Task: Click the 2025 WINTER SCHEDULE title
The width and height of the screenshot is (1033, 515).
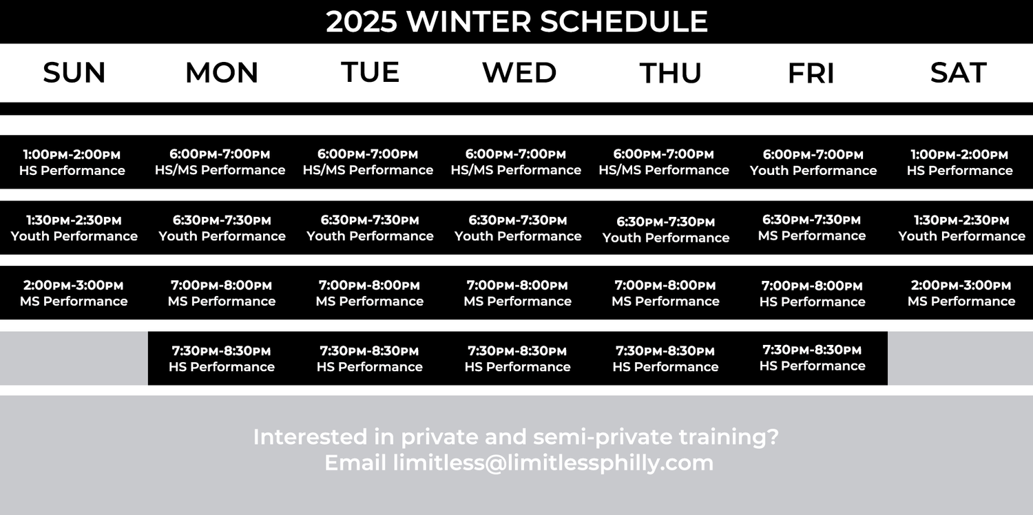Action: (516, 21)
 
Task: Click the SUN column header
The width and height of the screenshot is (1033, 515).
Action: (74, 73)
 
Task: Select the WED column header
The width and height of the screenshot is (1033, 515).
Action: (519, 73)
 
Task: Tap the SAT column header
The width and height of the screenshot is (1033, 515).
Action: (958, 73)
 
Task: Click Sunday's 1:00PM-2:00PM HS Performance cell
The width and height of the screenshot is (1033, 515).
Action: (72, 162)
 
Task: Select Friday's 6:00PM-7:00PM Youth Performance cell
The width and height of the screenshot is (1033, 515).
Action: (813, 162)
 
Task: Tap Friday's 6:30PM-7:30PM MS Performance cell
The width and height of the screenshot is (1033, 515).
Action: (811, 228)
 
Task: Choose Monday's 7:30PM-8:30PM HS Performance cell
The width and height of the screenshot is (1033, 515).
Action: (221, 359)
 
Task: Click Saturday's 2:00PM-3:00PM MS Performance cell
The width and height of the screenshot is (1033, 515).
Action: (961, 293)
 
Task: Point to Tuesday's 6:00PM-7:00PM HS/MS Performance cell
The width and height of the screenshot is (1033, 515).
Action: (368, 162)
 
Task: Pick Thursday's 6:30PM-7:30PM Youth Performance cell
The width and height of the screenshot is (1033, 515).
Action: (665, 229)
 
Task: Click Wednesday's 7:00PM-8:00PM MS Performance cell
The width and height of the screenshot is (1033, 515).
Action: (517, 293)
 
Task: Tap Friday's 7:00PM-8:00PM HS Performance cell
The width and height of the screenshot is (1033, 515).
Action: (811, 293)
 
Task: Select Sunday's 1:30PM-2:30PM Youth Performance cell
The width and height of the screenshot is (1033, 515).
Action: (74, 228)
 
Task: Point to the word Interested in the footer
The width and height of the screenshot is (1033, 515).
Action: (300, 437)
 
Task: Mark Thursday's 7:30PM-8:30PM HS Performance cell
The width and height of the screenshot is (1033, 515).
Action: (665, 359)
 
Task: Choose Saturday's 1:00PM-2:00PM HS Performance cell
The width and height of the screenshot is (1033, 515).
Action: (959, 162)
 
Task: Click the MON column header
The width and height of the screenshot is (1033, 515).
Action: (222, 73)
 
